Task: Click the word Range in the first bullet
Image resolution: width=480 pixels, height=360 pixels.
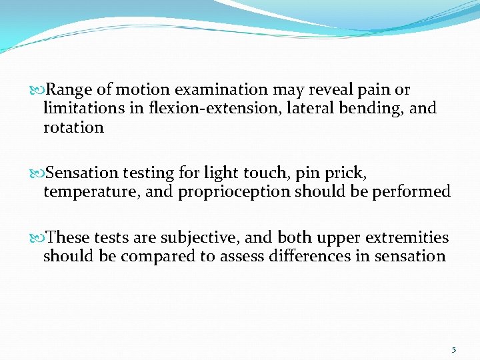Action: coord(70,90)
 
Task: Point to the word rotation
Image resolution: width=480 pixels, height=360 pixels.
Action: coord(73,127)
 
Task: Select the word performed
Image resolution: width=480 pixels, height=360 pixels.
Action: coord(413,192)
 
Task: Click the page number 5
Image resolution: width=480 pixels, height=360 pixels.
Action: coord(454,349)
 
